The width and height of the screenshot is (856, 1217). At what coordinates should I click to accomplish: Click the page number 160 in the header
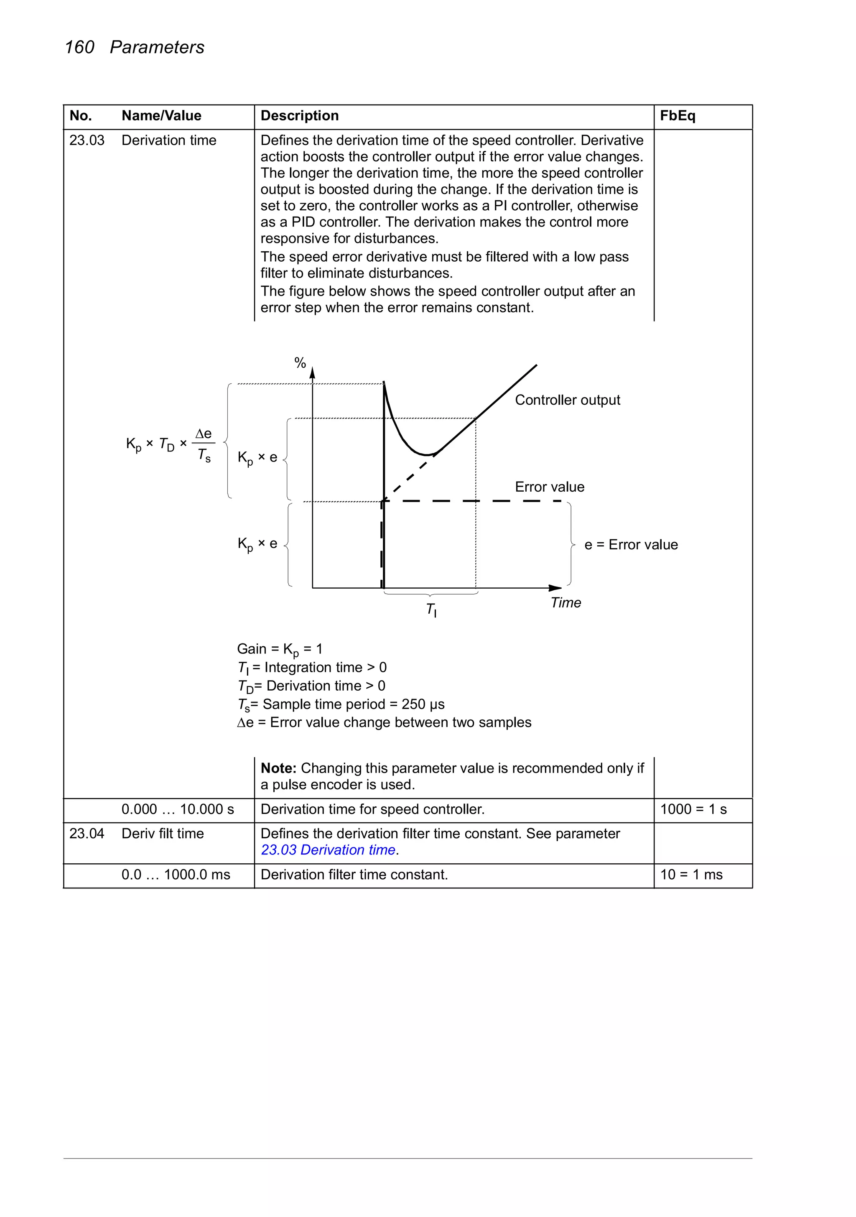79,47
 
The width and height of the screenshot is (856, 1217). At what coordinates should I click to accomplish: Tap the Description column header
299,115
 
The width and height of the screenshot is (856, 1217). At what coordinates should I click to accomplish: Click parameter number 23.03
87,140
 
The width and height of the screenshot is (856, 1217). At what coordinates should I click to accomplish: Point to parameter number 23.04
87,833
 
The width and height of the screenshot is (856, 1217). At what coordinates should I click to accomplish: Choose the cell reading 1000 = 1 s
693,809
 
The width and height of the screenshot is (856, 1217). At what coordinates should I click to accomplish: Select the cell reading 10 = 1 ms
691,874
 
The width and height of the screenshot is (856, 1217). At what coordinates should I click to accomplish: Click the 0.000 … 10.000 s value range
178,809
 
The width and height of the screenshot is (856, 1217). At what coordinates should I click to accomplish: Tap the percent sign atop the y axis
300,363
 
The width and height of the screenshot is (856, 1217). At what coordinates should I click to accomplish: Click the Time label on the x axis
566,603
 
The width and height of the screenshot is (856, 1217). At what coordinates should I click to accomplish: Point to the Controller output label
567,400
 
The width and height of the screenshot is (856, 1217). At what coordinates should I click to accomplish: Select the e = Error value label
631,545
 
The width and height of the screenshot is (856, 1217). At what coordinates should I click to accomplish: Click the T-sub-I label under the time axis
431,610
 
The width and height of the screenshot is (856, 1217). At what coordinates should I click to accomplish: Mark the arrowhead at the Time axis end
555,588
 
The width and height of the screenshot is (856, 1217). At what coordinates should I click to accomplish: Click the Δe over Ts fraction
204,444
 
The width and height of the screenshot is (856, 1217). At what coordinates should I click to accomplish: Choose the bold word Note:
278,768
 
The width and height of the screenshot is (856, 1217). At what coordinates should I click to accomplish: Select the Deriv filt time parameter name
163,833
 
